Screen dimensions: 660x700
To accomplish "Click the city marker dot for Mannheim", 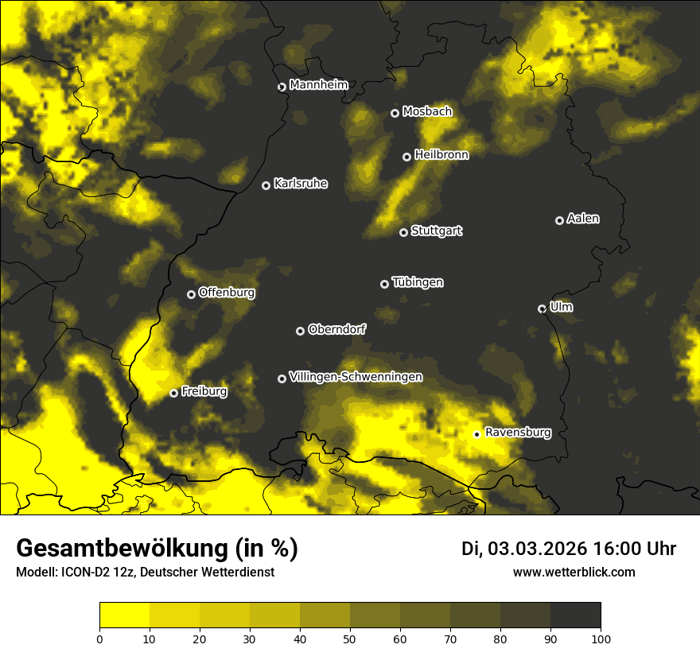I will point(282,87).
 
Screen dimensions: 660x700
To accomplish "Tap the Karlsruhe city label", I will point(300,184).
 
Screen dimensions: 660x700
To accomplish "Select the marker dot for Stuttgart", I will point(403,232).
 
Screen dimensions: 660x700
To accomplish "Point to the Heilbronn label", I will point(441,155).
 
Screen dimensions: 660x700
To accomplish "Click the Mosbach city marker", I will point(395,113).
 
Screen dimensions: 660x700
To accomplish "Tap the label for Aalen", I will point(583,219).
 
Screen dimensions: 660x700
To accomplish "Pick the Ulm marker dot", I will point(542,309).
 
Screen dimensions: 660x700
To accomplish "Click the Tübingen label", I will point(418,282).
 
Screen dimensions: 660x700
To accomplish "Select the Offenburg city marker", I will point(191,294).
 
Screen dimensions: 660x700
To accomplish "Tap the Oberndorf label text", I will point(336,329).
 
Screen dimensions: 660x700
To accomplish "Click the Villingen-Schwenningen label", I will point(356,377).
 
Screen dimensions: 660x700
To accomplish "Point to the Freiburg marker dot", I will point(173,393).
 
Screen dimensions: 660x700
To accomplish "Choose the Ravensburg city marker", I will point(476,434).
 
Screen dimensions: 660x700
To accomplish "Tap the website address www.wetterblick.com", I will point(574,572).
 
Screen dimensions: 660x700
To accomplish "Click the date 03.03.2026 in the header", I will point(538,549).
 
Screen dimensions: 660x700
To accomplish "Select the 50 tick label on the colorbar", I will point(350,638).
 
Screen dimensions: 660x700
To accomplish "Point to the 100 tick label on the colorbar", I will point(600,638).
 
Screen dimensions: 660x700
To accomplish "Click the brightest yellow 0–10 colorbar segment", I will point(125,615).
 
